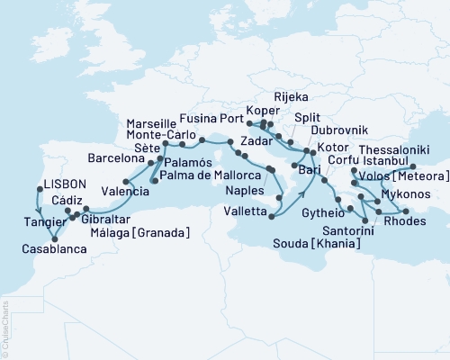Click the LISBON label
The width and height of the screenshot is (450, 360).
pyautogui.click(x=64, y=184)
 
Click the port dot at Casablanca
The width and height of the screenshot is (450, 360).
pyautogui.click(x=54, y=238)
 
